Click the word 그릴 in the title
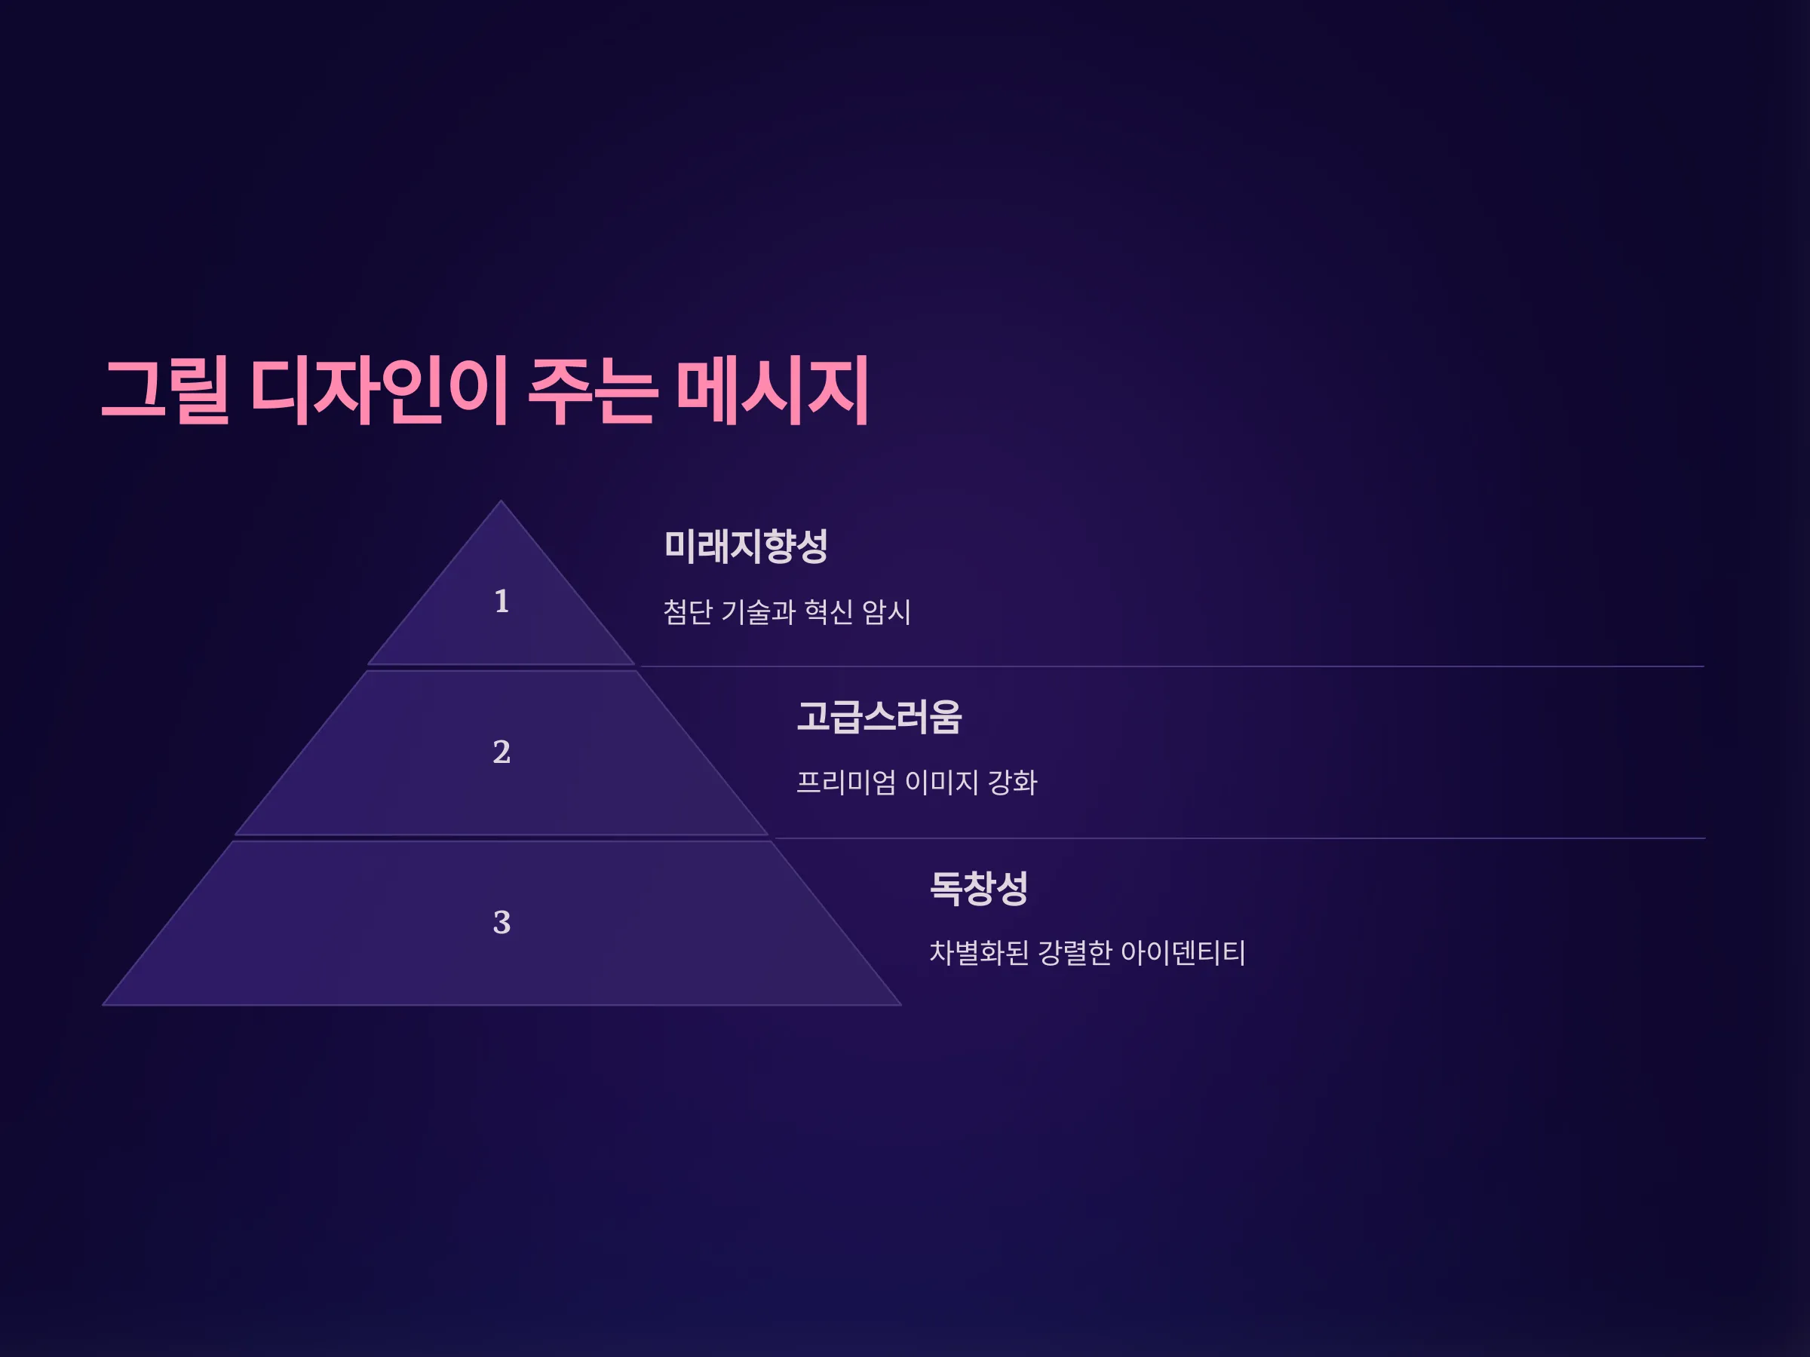[165, 391]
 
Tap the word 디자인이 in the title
[379, 391]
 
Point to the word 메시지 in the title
[772, 391]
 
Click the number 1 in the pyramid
[502, 601]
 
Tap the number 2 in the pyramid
[502, 752]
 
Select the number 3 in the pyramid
[502, 923]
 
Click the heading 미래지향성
[745, 547]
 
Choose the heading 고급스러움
[879, 716]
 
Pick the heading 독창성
[979, 887]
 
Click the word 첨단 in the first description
[687, 612]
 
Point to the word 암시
[887, 612]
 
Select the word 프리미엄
[846, 783]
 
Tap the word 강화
[1013, 783]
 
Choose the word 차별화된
[979, 953]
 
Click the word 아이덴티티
[1183, 953]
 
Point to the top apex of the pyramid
[501, 501]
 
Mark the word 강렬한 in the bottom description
[1075, 953]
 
